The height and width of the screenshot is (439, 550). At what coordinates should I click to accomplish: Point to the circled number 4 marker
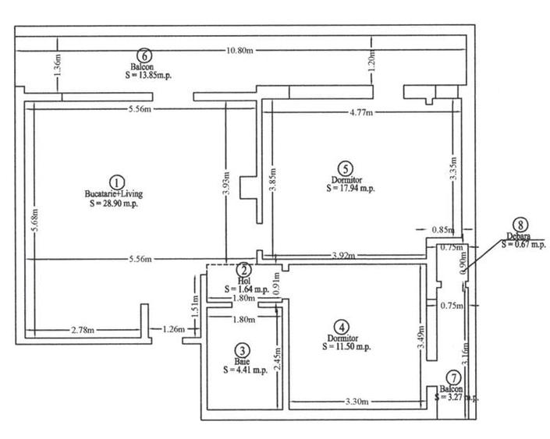(340, 327)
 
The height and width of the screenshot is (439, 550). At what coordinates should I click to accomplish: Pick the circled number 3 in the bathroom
(243, 351)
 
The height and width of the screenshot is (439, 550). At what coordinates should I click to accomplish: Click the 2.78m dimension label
(78, 330)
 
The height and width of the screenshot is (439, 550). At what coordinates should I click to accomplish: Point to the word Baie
(243, 362)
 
